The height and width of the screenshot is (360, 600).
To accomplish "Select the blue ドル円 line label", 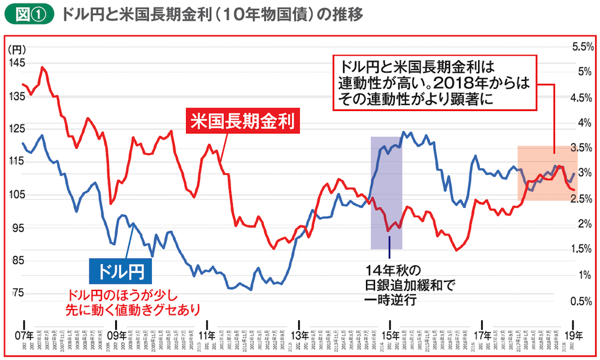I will click(120, 271).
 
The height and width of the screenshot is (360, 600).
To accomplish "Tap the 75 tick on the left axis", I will click(18, 293).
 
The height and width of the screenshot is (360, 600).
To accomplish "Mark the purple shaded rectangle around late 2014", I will click(386, 192).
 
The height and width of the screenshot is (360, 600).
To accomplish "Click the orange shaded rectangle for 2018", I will click(547, 173).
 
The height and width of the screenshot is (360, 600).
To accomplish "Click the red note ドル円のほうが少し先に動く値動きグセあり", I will click(124, 302).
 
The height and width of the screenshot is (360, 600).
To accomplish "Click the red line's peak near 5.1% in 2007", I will click(42, 67).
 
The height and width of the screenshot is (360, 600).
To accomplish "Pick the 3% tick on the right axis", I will click(585, 173).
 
